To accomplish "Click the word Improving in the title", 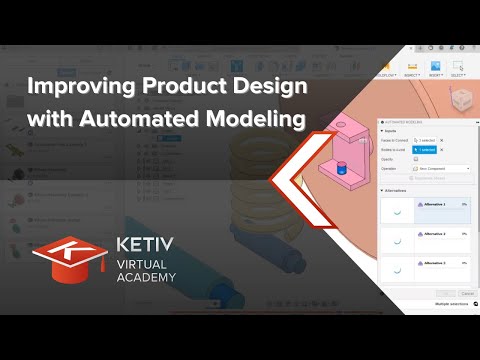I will (x=76, y=87).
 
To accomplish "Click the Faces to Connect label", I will (x=395, y=141).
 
